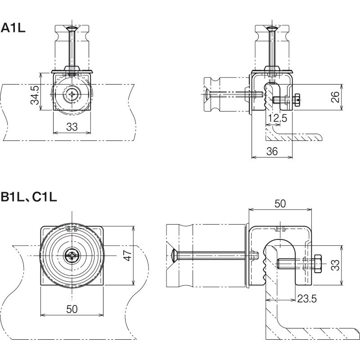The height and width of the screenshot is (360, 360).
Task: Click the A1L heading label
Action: click(13, 28)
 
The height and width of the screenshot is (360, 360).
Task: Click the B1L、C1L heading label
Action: click(29, 197)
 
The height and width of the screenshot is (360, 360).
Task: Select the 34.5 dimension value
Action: click(35, 94)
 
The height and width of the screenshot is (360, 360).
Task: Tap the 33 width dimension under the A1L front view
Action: click(72, 127)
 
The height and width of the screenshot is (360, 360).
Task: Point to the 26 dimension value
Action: click(335, 97)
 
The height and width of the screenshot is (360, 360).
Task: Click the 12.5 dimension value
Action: click(278, 118)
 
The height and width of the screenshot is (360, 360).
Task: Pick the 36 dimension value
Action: click(272, 151)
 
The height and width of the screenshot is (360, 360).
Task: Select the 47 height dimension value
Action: click(127, 255)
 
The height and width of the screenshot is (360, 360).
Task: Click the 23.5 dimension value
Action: click(307, 299)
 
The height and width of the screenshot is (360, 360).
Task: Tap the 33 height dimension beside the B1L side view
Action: click(335, 265)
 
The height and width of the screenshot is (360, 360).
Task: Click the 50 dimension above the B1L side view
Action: click(280, 204)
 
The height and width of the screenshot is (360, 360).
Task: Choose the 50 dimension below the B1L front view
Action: click(72, 309)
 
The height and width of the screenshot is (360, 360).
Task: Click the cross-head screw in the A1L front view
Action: click(72, 94)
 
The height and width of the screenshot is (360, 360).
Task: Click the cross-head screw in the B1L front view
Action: click(72, 256)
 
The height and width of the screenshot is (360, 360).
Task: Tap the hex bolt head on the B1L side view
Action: click(318, 264)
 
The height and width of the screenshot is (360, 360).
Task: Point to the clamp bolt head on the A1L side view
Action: click(297, 100)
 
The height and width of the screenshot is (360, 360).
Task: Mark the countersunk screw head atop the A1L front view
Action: click(72, 29)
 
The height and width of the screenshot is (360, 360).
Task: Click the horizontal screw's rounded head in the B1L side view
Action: click(175, 255)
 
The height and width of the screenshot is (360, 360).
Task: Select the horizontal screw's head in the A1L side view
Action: click(207, 94)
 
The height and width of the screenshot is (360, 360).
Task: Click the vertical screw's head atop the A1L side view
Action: click(272, 29)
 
